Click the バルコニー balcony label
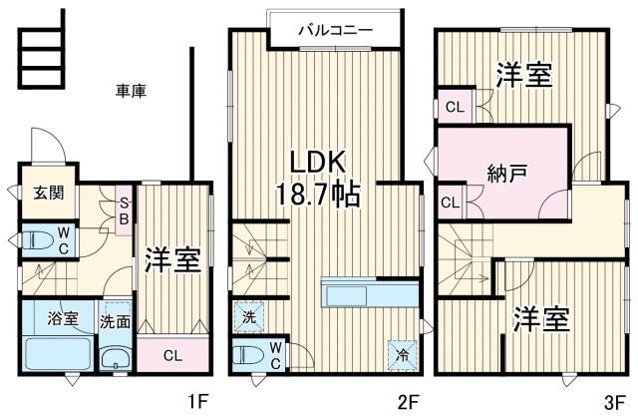pos(336,30)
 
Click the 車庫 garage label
pos(131,91)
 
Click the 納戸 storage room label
pos(507,170)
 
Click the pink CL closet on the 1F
pos(171,353)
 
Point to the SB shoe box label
pos(125,210)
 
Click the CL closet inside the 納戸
pos(451,203)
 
